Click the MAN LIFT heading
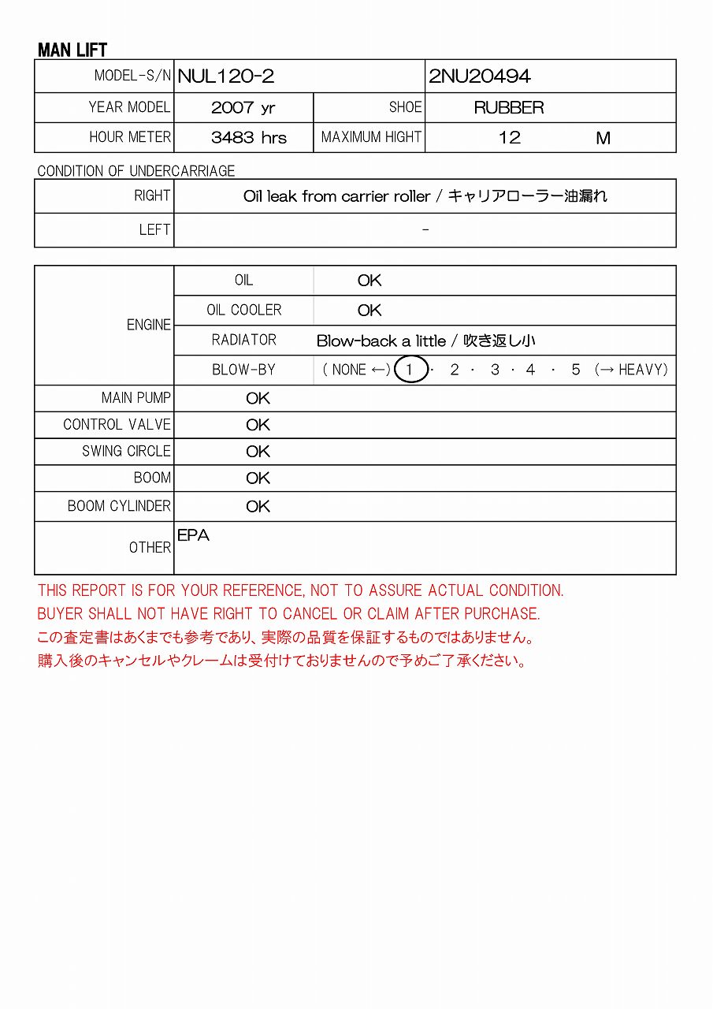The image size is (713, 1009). [72, 50]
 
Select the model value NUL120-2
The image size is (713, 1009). [226, 76]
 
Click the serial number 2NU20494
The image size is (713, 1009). [480, 76]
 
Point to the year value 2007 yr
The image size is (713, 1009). [243, 108]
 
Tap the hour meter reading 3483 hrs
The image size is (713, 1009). [249, 138]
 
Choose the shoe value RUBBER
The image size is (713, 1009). [509, 108]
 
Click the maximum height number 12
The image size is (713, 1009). [510, 138]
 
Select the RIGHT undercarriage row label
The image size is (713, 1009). [152, 195]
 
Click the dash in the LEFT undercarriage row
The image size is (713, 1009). [425, 229]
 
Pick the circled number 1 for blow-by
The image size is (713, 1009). [410, 370]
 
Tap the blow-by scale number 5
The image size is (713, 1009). [576, 370]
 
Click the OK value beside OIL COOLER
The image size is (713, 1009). [369, 311]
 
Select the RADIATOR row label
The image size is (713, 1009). [244, 340]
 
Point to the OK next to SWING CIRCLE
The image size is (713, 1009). [258, 452]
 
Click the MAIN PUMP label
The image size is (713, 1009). [136, 398]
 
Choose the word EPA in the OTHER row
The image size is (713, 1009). [194, 535]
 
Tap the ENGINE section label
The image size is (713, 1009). [149, 325]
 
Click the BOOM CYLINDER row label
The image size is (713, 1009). [119, 506]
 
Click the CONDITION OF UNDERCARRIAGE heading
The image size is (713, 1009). [136, 171]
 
